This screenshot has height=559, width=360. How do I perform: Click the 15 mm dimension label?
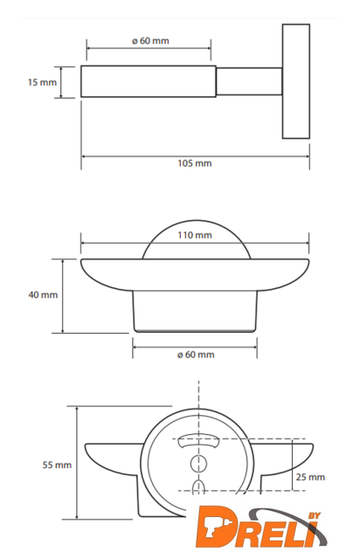click(x=42, y=82)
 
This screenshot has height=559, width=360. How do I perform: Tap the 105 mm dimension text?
click(x=195, y=163)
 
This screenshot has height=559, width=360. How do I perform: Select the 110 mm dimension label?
click(x=195, y=235)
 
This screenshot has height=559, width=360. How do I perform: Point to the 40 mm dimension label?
click(x=43, y=295)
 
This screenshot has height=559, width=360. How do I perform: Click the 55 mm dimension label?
click(x=57, y=465)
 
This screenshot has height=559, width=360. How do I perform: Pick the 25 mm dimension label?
click(x=310, y=477)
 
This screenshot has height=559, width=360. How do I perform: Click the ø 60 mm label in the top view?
click(x=150, y=41)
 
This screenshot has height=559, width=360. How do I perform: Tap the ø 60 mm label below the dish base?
click(x=196, y=355)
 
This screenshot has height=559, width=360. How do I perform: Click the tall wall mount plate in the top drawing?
click(x=296, y=81)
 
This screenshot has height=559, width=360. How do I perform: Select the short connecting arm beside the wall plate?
click(x=249, y=81)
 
